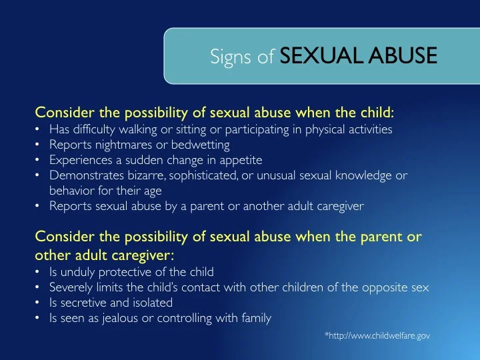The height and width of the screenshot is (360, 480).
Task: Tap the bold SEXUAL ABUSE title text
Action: pos(359,56)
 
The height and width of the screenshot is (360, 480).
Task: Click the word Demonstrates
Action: pos(81,175)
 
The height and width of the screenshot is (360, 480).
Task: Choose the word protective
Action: pos(122,272)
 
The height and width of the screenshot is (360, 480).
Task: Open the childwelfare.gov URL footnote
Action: pos(377,336)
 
